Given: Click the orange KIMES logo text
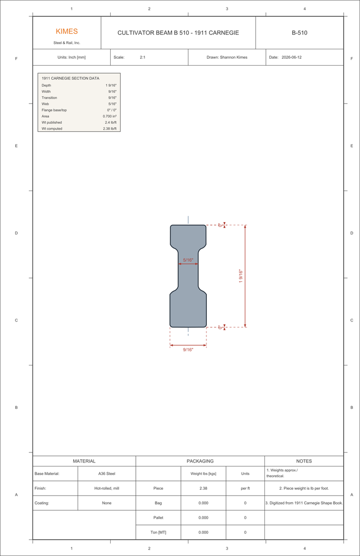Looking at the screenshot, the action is coord(67,31).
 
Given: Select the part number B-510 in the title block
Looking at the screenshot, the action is coord(299,33).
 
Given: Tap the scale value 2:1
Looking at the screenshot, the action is coord(143,58).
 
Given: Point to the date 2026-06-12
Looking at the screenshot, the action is coord(292,58).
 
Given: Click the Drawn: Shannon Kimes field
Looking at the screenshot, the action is coord(227,58).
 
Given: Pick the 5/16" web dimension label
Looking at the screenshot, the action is coord(188,260).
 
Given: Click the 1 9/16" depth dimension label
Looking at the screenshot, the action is coord(241,276).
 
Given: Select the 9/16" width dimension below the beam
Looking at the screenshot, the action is coord(188,350).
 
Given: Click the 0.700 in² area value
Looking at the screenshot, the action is coord(110,116).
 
